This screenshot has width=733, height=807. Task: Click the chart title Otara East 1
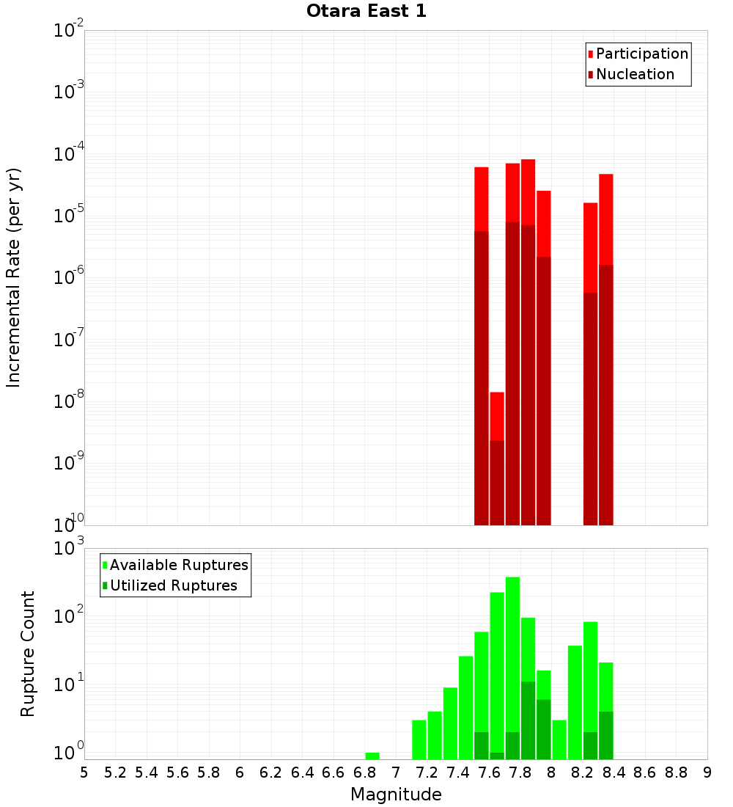click(366, 11)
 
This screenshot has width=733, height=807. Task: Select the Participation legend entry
click(642, 54)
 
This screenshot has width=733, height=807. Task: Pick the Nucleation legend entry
click(635, 74)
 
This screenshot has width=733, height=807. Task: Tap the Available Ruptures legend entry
click(179, 565)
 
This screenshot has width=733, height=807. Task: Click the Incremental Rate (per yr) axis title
click(14, 277)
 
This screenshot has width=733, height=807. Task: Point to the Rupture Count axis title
click(28, 653)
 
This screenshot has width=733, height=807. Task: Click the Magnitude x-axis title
click(396, 795)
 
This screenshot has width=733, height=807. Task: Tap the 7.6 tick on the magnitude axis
click(489, 773)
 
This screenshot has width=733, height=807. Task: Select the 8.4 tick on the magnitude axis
click(614, 773)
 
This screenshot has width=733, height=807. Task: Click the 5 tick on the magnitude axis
click(84, 773)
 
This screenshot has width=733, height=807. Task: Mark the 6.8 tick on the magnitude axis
click(364, 773)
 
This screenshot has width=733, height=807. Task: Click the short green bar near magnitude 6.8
click(372, 756)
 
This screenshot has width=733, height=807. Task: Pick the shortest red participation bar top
click(497, 415)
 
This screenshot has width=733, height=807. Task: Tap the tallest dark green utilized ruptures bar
click(528, 719)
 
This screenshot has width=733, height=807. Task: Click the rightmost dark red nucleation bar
click(605, 396)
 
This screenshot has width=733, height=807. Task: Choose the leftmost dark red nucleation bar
click(481, 378)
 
